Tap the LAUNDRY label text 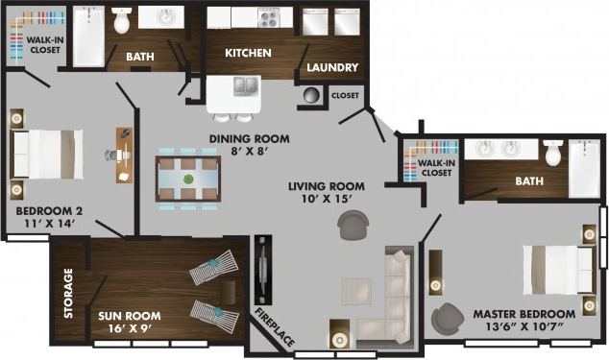coord(332,68)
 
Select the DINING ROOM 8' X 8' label coord(249,144)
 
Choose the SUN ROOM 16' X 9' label coord(130,321)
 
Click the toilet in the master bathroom coord(552,153)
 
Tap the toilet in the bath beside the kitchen coord(121,21)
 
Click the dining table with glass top coord(188,178)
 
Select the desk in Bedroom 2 coord(124,155)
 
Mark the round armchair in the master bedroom coord(446,320)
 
